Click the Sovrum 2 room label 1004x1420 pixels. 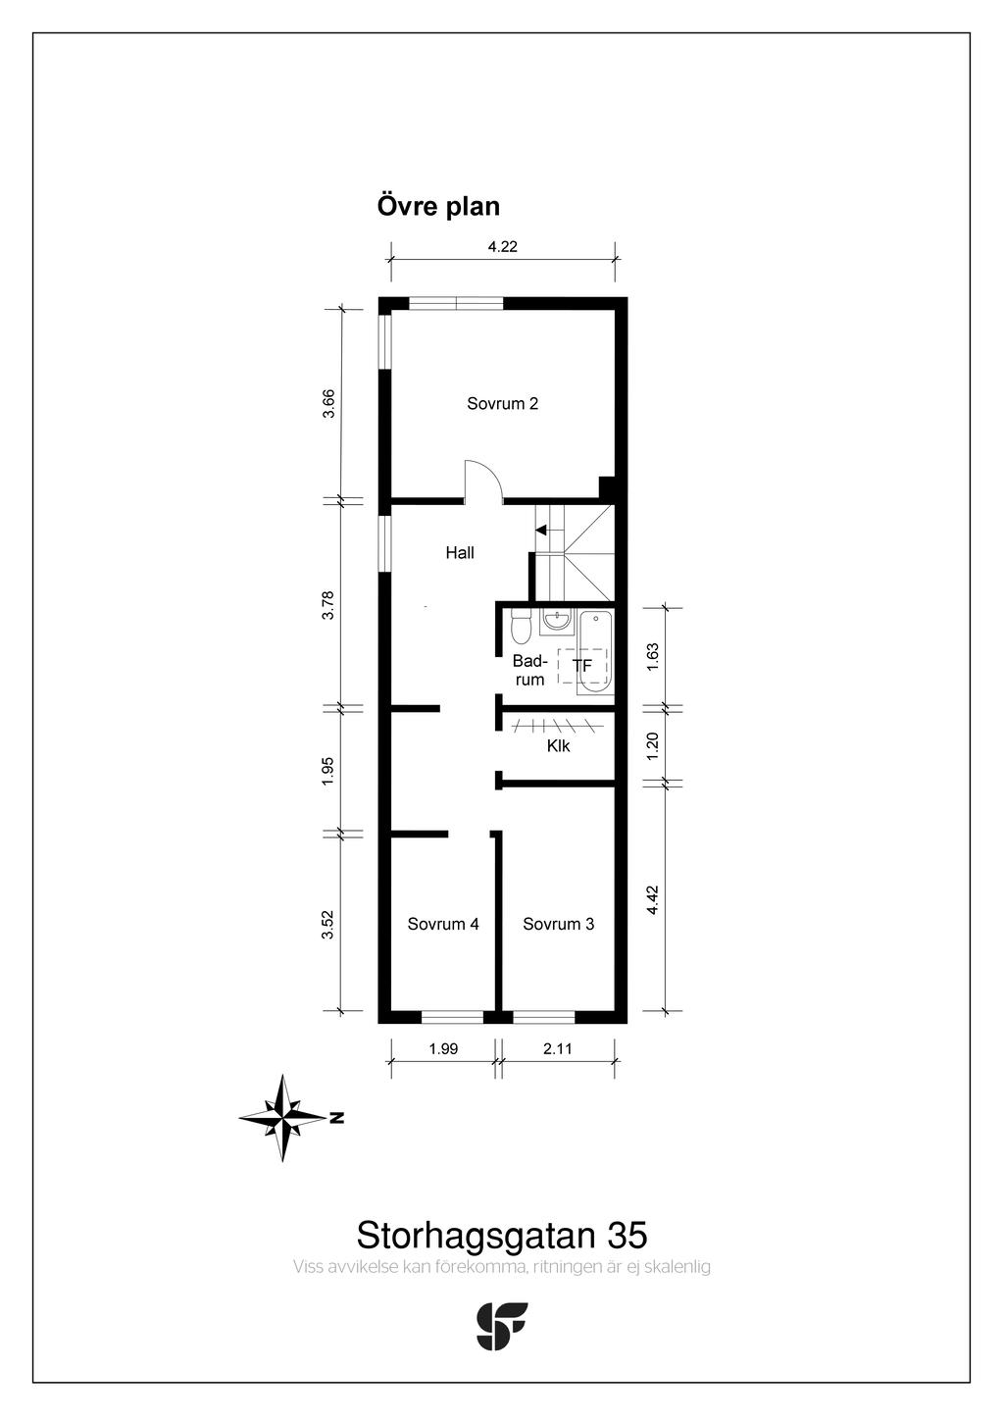(502, 403)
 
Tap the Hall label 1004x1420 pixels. (460, 553)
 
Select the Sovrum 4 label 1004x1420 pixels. (442, 924)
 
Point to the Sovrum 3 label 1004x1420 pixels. (558, 924)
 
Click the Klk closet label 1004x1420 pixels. (558, 746)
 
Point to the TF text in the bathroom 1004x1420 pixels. (581, 666)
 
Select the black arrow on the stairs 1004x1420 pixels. (540, 530)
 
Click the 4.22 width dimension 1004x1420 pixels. (502, 246)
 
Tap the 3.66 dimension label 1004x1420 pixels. (328, 403)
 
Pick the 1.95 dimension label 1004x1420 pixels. (327, 771)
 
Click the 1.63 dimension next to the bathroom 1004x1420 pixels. (654, 657)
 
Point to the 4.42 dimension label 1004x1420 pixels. (654, 899)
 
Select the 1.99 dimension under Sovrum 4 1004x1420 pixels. (443, 1048)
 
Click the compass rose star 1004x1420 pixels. (282, 1118)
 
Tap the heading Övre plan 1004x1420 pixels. (438, 207)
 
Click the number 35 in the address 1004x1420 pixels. (627, 1235)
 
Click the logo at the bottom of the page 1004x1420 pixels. (501, 1326)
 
